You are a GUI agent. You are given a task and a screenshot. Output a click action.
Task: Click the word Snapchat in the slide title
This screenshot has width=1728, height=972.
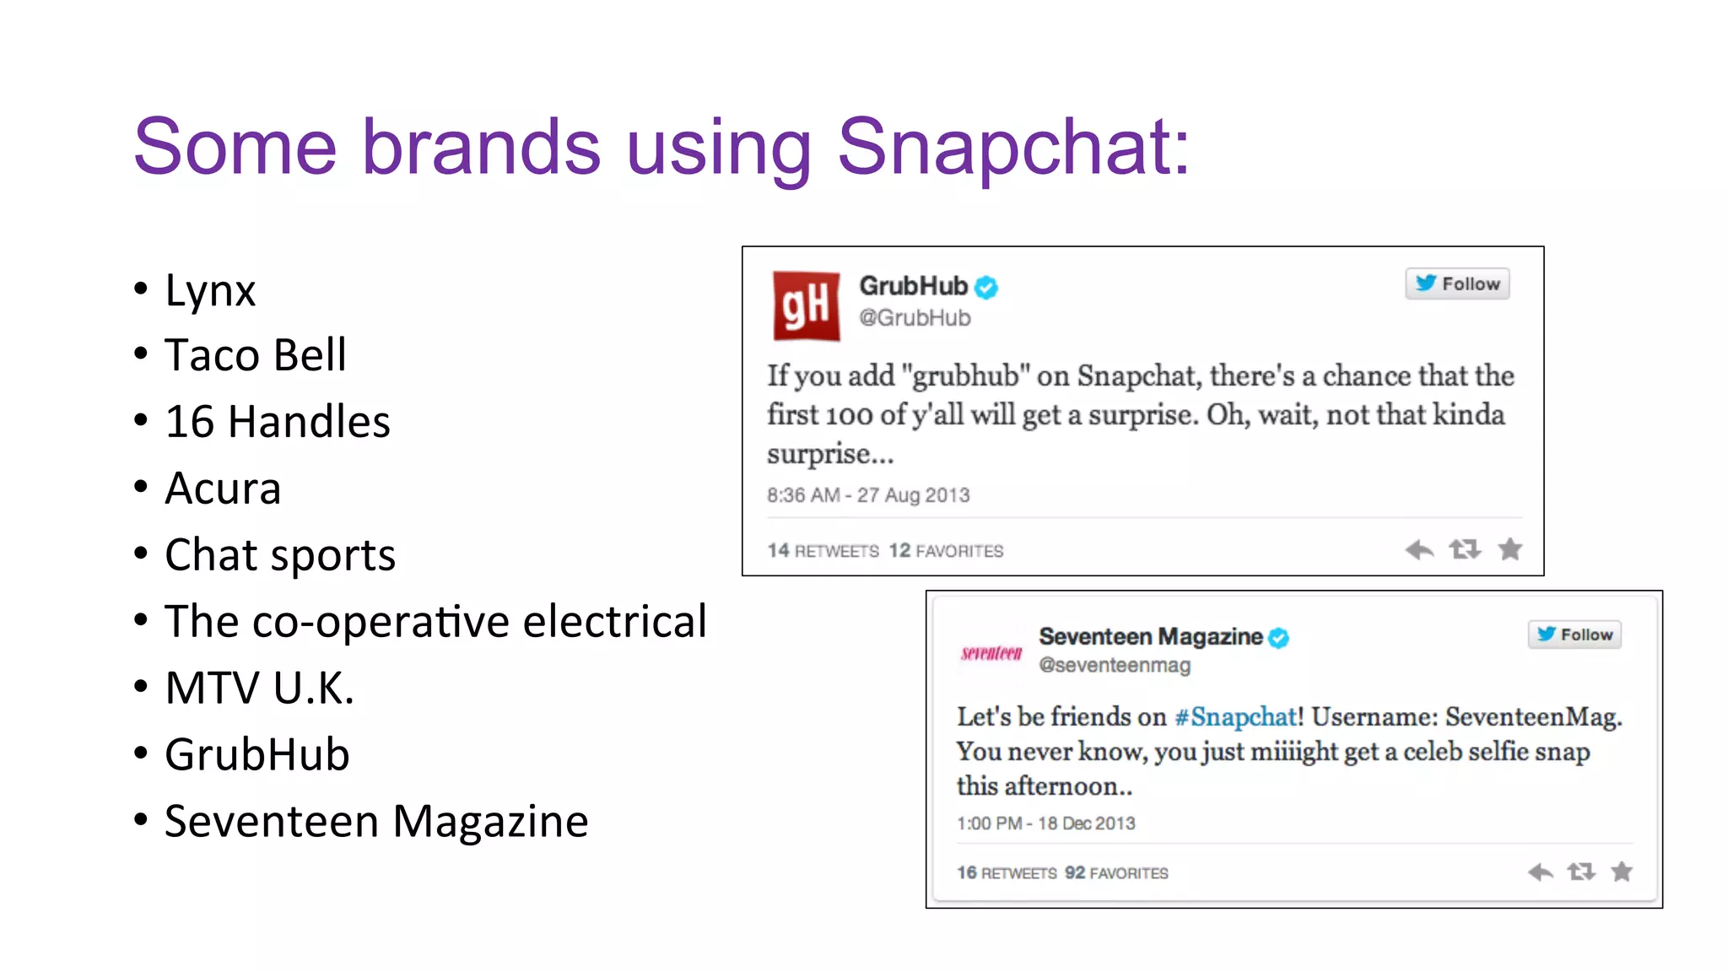[1012, 148]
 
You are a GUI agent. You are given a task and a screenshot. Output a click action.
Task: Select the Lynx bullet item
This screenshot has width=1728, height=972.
[210, 291]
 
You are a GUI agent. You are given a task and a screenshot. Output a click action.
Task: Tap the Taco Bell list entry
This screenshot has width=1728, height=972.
[255, 355]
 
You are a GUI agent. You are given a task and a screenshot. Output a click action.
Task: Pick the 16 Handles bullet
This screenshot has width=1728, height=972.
[277, 422]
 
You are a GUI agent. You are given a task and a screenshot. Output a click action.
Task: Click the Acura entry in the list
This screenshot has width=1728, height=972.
[223, 489]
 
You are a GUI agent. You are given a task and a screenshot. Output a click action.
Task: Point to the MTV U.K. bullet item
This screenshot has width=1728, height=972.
[259, 688]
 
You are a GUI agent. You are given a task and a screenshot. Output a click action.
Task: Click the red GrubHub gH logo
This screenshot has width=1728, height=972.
[807, 305]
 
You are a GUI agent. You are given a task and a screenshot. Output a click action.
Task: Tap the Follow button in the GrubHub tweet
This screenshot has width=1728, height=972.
[1457, 283]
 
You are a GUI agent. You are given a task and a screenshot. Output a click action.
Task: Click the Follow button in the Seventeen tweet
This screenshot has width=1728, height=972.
[1574, 634]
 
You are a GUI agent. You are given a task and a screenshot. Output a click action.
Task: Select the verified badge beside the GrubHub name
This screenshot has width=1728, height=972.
[986, 288]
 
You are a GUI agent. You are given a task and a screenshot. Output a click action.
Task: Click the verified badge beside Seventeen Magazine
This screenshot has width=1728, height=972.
[1279, 638]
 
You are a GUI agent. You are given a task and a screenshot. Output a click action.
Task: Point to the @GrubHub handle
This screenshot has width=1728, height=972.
[915, 318]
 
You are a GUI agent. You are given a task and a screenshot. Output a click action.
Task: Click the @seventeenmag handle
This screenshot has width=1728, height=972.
[1115, 666]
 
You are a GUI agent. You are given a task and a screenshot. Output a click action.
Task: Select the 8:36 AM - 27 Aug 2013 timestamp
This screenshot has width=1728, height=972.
[868, 495]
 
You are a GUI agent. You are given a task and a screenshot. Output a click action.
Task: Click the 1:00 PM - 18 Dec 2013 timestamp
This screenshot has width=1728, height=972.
[1046, 823]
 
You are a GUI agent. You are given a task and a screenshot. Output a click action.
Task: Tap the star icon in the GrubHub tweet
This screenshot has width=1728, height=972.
[1510, 550]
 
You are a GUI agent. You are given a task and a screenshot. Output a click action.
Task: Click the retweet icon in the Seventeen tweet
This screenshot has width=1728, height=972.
[1581, 872]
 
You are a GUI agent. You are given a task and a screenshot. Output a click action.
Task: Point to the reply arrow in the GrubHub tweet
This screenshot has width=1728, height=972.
[1419, 550]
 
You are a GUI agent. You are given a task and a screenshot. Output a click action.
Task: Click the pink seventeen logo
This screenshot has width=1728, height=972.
[991, 653]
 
